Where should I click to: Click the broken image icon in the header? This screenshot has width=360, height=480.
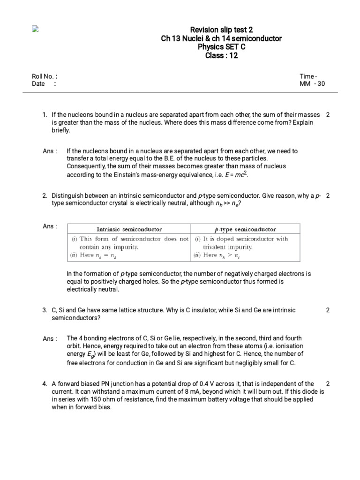click(x=34, y=29)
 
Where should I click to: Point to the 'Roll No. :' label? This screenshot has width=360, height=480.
click(x=45, y=76)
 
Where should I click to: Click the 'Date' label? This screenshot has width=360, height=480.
click(x=38, y=84)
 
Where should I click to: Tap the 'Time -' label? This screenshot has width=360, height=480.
click(x=308, y=76)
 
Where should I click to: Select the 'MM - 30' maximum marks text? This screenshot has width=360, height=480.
click(x=312, y=84)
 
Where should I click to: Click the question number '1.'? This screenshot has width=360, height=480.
click(x=45, y=115)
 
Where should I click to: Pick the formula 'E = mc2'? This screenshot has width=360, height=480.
click(x=236, y=174)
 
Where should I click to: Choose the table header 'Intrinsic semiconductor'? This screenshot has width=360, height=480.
click(x=129, y=230)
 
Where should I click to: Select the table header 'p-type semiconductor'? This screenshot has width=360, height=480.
click(x=245, y=230)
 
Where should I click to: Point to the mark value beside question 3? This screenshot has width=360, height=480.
click(x=328, y=310)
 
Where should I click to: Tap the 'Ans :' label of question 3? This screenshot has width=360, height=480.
click(x=50, y=339)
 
